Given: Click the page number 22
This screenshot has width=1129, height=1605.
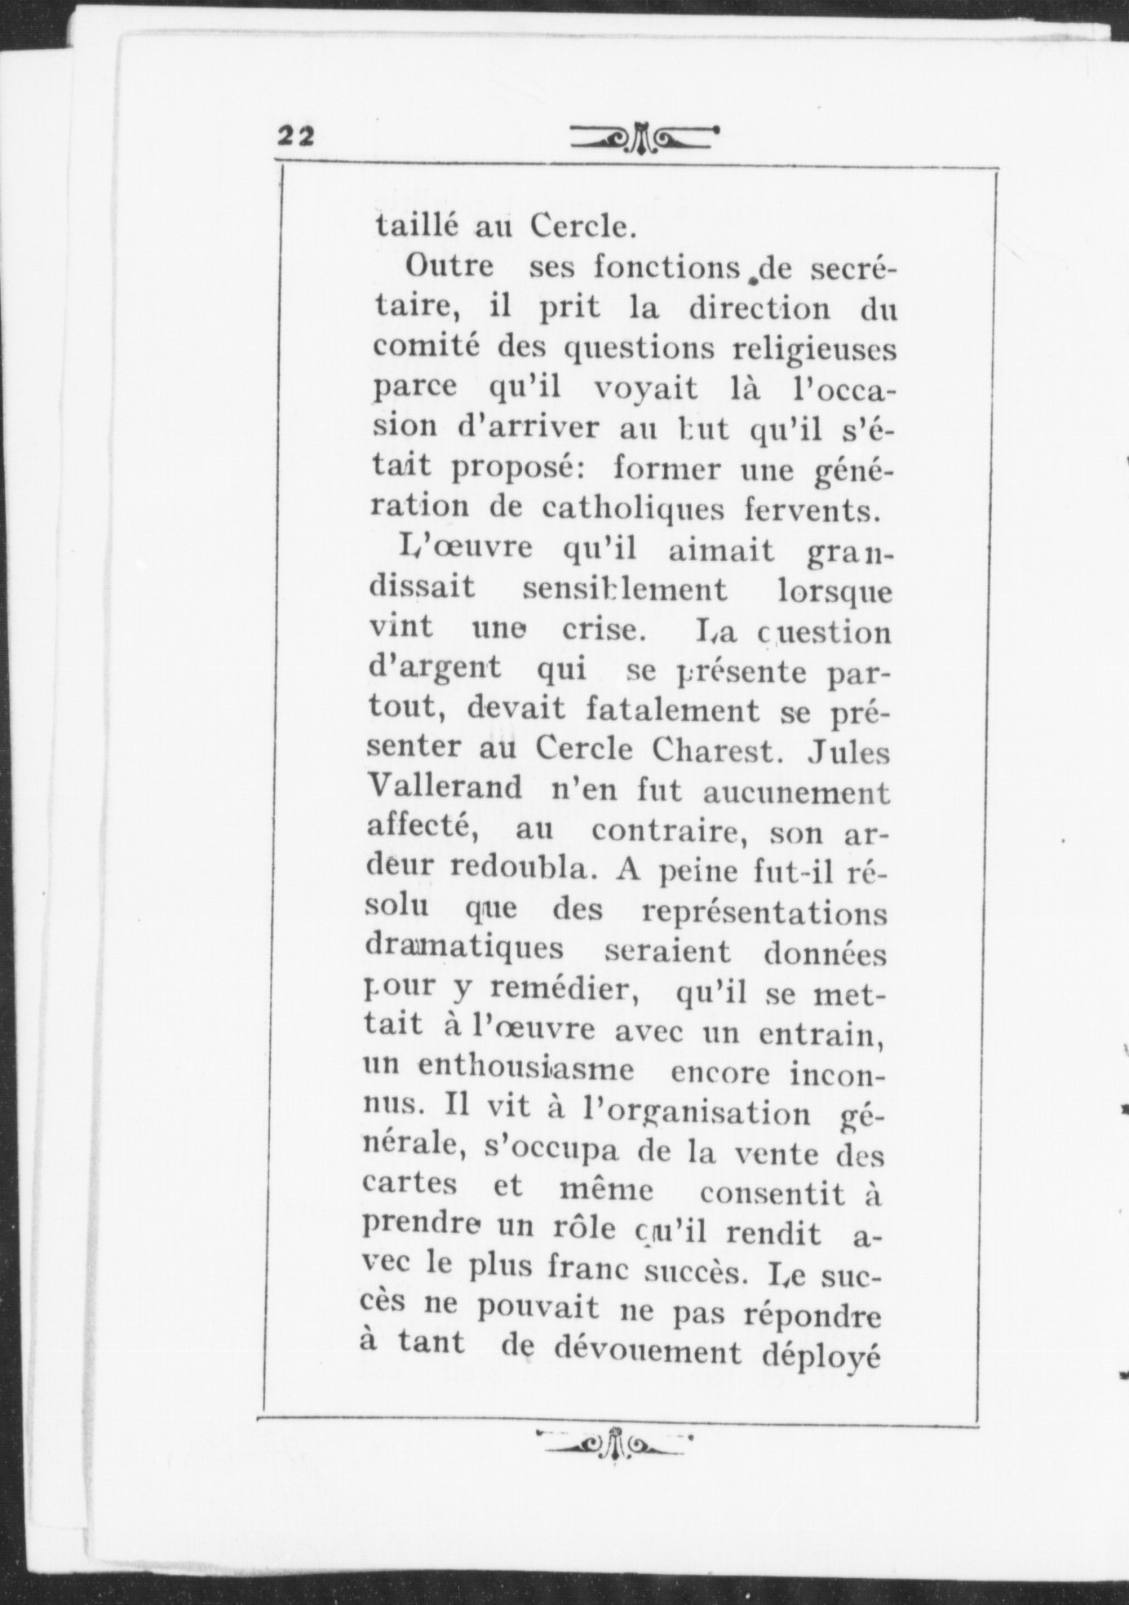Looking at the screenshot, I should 295,135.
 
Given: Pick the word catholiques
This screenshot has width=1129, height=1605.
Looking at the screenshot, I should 632,509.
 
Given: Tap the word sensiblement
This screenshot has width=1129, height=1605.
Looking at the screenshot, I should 624,589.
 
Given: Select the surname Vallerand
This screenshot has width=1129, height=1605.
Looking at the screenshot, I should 445,787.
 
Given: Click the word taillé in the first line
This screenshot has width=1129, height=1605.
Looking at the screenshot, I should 412,225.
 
